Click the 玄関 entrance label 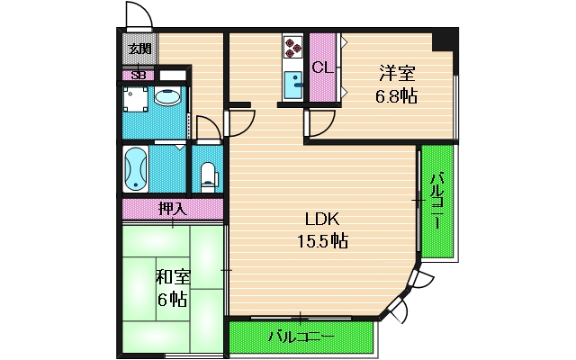(139, 49)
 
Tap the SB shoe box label (139, 76)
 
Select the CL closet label (322, 67)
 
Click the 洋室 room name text (396, 75)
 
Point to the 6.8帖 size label (396, 95)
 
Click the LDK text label (322, 220)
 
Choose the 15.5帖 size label (322, 241)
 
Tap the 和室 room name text (171, 277)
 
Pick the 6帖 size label (171, 299)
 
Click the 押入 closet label (172, 209)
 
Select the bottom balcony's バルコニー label (301, 337)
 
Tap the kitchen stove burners (293, 47)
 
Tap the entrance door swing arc (138, 16)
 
